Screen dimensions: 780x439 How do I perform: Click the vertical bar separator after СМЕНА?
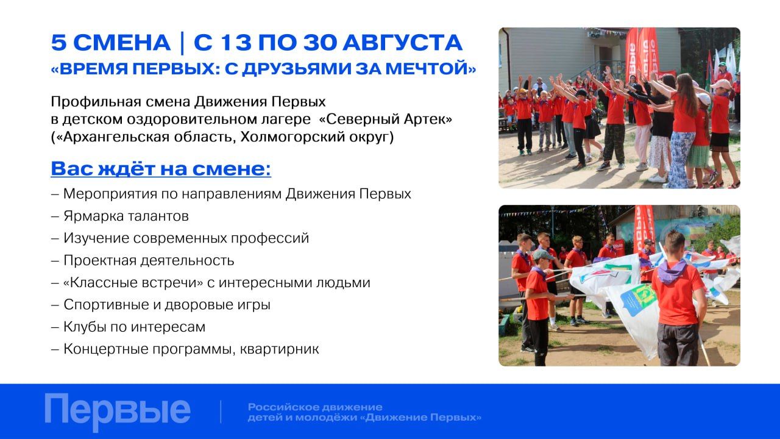click(x=182, y=43)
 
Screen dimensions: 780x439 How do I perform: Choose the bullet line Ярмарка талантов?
click(x=126, y=216)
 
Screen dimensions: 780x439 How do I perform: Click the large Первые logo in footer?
click(x=118, y=411)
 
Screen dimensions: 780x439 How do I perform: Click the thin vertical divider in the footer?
click(x=221, y=412)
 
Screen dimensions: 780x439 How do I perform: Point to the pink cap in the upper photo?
click(x=720, y=84)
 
